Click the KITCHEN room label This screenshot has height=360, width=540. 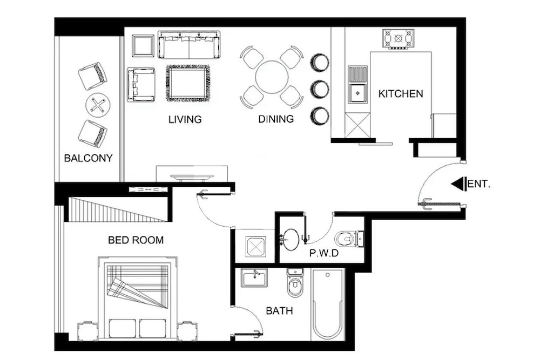(400, 94)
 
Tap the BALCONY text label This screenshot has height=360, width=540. (88, 158)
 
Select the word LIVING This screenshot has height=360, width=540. (185, 119)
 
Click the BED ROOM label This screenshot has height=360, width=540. (136, 240)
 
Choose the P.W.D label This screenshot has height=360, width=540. (324, 253)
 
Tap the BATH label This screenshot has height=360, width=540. (279, 311)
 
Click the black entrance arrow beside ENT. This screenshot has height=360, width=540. (458, 184)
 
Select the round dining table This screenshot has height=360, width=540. (272, 77)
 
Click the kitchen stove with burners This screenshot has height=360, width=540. (399, 39)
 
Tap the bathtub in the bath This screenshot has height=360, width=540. (328, 303)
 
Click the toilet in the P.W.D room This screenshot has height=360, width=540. (348, 238)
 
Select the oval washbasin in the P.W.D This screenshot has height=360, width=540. (292, 239)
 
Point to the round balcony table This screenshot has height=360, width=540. (98, 105)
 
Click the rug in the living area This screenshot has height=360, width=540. (187, 83)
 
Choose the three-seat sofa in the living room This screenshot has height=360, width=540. (189, 44)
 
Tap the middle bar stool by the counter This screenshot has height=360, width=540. (319, 89)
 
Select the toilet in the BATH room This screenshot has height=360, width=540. (295, 284)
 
